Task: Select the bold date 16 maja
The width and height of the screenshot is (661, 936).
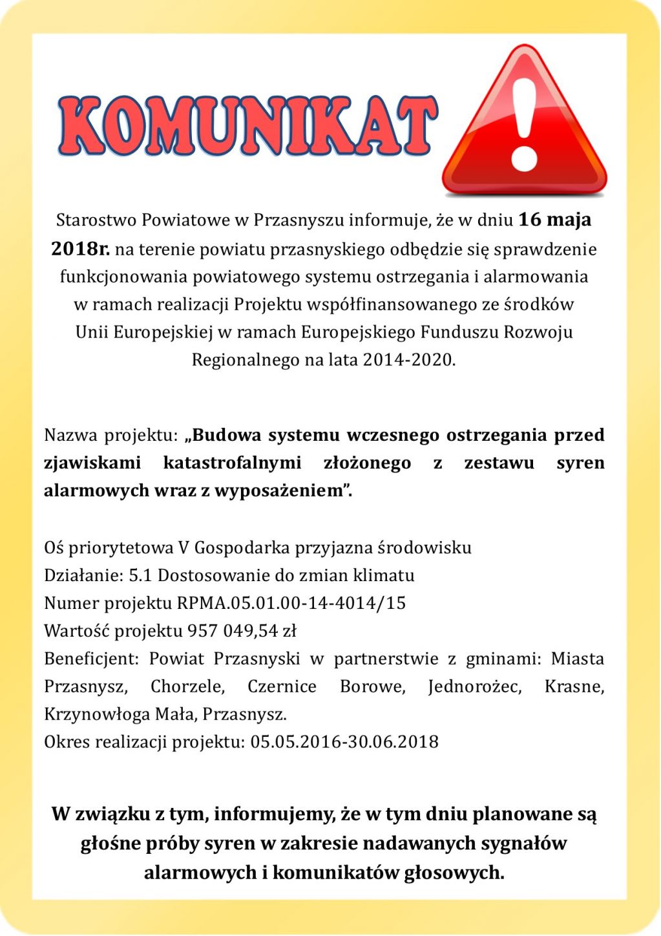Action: (x=554, y=220)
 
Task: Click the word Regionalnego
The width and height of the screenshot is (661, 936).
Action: (x=246, y=360)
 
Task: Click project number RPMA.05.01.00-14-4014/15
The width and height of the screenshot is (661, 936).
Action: (x=291, y=603)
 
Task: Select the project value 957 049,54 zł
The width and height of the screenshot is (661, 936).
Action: (x=242, y=631)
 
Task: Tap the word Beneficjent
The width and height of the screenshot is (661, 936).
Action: (x=91, y=659)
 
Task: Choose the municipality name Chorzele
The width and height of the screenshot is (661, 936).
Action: (x=187, y=686)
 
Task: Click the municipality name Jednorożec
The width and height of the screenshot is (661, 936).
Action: (x=475, y=686)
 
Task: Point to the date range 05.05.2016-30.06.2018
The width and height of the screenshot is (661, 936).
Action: (x=344, y=741)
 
